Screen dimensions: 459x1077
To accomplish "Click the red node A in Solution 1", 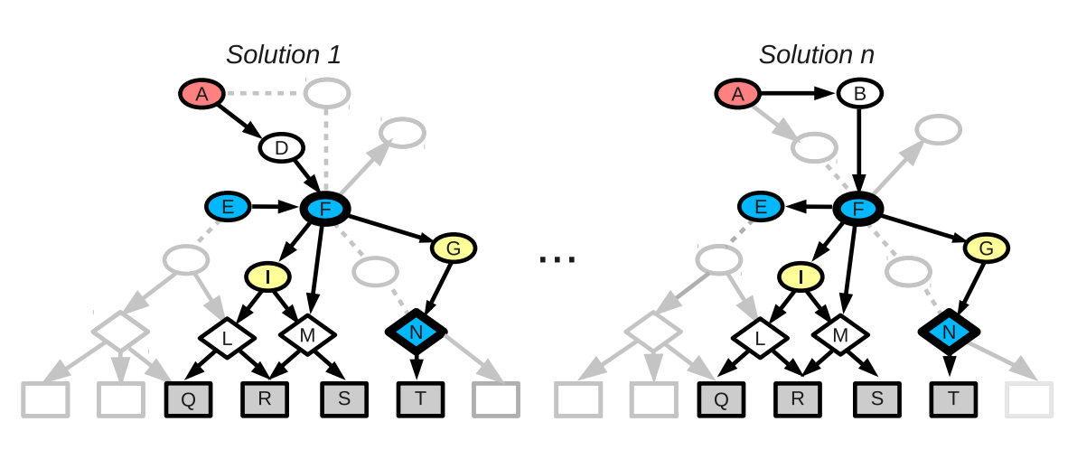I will pos(201,93).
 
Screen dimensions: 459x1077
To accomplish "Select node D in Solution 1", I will pos(281,146).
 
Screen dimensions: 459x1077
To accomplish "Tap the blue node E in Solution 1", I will pos(228,207).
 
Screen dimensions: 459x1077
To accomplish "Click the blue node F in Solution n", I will pos(857,209).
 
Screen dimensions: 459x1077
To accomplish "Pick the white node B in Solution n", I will pos(859,93).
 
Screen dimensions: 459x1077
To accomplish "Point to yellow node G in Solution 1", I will pos(454,247).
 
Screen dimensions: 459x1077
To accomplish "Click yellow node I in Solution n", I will pos(800,276).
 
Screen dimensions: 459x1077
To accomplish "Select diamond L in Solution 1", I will pos(227,338).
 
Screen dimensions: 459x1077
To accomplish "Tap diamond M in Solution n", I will pos(840,335).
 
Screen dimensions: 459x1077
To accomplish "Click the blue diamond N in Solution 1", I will pos(416,333).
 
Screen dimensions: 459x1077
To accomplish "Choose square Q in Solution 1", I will pos(188,399).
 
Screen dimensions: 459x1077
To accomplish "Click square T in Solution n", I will pos(954,399).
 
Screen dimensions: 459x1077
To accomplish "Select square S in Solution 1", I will pos(344,399).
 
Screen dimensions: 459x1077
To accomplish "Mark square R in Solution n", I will pos(797,399).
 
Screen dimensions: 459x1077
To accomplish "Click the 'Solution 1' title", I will pos(283,54).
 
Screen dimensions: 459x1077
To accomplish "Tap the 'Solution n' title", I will pos(816,54).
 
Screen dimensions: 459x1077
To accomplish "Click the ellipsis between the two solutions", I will pos(557,260).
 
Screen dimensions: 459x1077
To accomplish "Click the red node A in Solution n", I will pos(737,93).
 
